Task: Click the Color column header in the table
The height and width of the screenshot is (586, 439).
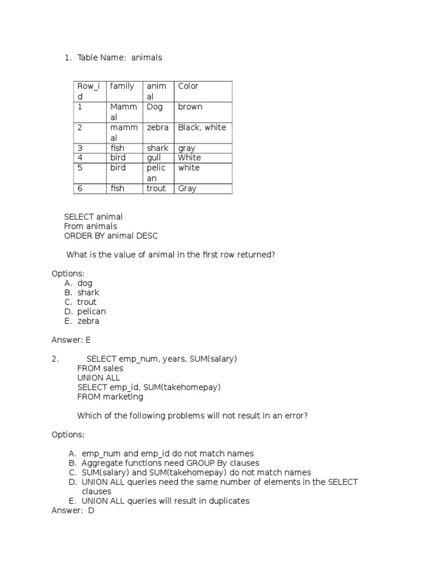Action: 188,86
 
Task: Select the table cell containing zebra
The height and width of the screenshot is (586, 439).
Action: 157,128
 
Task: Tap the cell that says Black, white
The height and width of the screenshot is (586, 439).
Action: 202,128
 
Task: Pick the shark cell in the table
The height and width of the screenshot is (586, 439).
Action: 157,148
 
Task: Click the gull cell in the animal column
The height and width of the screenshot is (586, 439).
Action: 154,157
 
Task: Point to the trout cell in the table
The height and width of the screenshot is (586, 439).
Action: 156,188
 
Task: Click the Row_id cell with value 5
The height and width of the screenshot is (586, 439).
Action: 81,168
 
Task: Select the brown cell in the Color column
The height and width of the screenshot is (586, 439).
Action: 190,107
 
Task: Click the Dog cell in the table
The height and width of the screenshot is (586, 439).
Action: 154,107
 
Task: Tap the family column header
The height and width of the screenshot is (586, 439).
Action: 122,86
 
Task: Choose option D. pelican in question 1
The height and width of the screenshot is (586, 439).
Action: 91,311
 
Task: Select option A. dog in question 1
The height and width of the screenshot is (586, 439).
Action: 85,283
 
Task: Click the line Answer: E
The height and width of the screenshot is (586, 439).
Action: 71,340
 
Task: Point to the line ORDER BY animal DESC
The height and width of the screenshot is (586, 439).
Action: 111,235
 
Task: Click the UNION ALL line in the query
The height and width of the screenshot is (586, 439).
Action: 98,378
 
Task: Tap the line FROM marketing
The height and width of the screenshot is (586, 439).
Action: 110,397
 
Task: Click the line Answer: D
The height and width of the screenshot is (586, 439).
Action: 73,510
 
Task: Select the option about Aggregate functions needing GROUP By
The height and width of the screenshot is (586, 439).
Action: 170,463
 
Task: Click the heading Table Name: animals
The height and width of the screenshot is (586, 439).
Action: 119,58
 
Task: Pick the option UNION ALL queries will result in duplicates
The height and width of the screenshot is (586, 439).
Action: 165,501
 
